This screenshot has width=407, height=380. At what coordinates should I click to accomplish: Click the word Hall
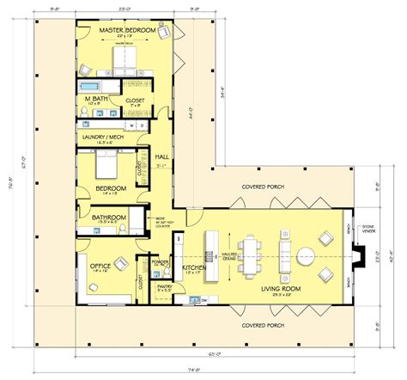(x=162, y=156)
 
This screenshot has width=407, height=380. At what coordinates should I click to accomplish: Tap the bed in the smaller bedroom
(x=107, y=162)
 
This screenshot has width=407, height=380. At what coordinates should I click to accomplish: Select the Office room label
(x=102, y=267)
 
